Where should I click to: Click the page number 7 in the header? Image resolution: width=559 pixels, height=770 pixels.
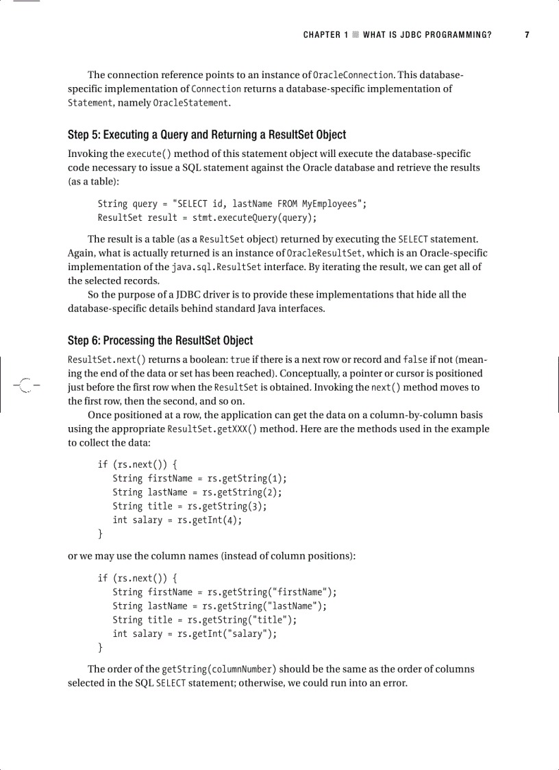tap(527, 35)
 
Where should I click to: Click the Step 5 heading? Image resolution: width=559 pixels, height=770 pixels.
tap(207, 134)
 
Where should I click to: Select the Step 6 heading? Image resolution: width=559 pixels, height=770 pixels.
tap(160, 340)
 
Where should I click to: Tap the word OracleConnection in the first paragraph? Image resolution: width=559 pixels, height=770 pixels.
tap(353, 75)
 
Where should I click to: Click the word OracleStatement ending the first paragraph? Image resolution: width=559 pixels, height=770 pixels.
tap(190, 103)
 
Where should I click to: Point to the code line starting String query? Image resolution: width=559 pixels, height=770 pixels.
tap(232, 204)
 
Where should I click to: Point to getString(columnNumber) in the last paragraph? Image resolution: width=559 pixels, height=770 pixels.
tap(219, 669)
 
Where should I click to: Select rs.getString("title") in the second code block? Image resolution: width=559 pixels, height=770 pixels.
tap(236, 620)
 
